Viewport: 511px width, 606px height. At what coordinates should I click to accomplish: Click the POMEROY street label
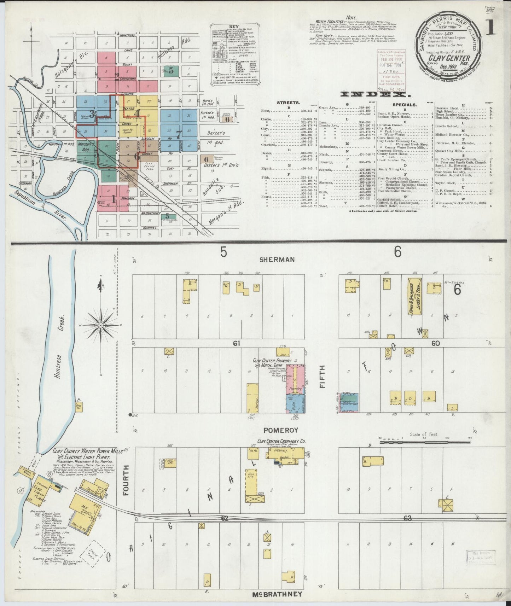(281, 430)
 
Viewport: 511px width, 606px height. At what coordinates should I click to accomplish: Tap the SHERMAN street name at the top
(277, 260)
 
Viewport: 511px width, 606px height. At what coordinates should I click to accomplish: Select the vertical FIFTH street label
(322, 377)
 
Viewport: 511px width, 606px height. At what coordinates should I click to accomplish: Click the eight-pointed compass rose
(101, 325)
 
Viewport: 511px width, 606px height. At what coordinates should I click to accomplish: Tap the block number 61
(236, 343)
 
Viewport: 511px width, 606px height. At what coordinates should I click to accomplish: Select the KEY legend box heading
(232, 27)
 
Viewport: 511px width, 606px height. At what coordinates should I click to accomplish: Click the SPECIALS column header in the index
(405, 105)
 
